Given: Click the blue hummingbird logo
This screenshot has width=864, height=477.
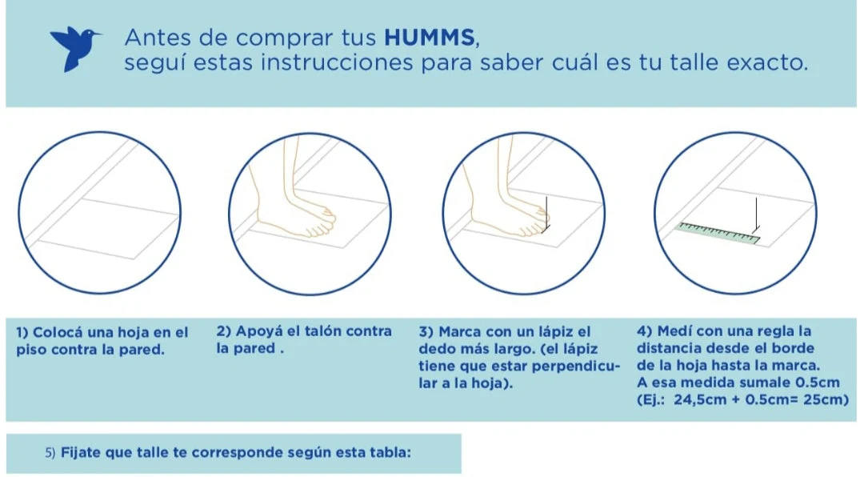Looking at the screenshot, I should tap(75, 47).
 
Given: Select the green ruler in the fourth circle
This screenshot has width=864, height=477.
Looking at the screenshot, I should tap(718, 234).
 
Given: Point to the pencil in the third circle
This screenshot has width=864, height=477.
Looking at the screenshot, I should tap(546, 212).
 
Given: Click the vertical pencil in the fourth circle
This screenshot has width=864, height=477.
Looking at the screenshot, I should tap(754, 213).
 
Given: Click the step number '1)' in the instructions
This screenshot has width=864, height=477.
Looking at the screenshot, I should tap(22, 332).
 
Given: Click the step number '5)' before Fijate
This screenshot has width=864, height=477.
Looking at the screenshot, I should tap(50, 452).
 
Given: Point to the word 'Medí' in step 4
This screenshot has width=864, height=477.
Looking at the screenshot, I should tap(675, 331).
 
